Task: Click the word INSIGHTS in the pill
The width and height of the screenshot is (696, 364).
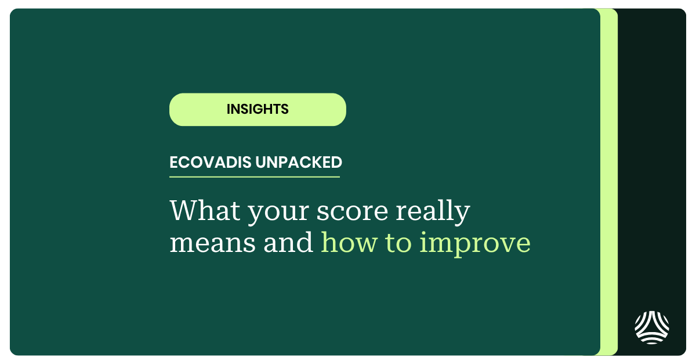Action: click(258, 109)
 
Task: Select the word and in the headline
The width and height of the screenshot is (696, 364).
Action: click(288, 243)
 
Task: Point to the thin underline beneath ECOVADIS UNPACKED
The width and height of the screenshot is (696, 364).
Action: click(254, 176)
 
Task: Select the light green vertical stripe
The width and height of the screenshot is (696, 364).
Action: click(608, 182)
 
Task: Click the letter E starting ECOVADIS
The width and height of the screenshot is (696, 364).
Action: click(173, 163)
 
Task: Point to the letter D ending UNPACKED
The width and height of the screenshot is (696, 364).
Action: click(336, 163)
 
